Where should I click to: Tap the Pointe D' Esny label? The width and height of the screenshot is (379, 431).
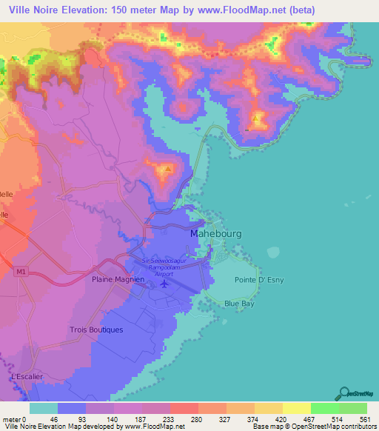pyautogui.click(x=259, y=280)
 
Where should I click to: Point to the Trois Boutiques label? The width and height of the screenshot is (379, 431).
pyautogui.click(x=95, y=329)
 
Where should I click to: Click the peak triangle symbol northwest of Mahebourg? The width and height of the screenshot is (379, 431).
pyautogui.click(x=169, y=169)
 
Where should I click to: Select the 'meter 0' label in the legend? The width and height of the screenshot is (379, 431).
pyautogui.click(x=13, y=418)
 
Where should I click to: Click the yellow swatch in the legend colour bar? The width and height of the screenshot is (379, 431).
pyautogui.click(x=296, y=408)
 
